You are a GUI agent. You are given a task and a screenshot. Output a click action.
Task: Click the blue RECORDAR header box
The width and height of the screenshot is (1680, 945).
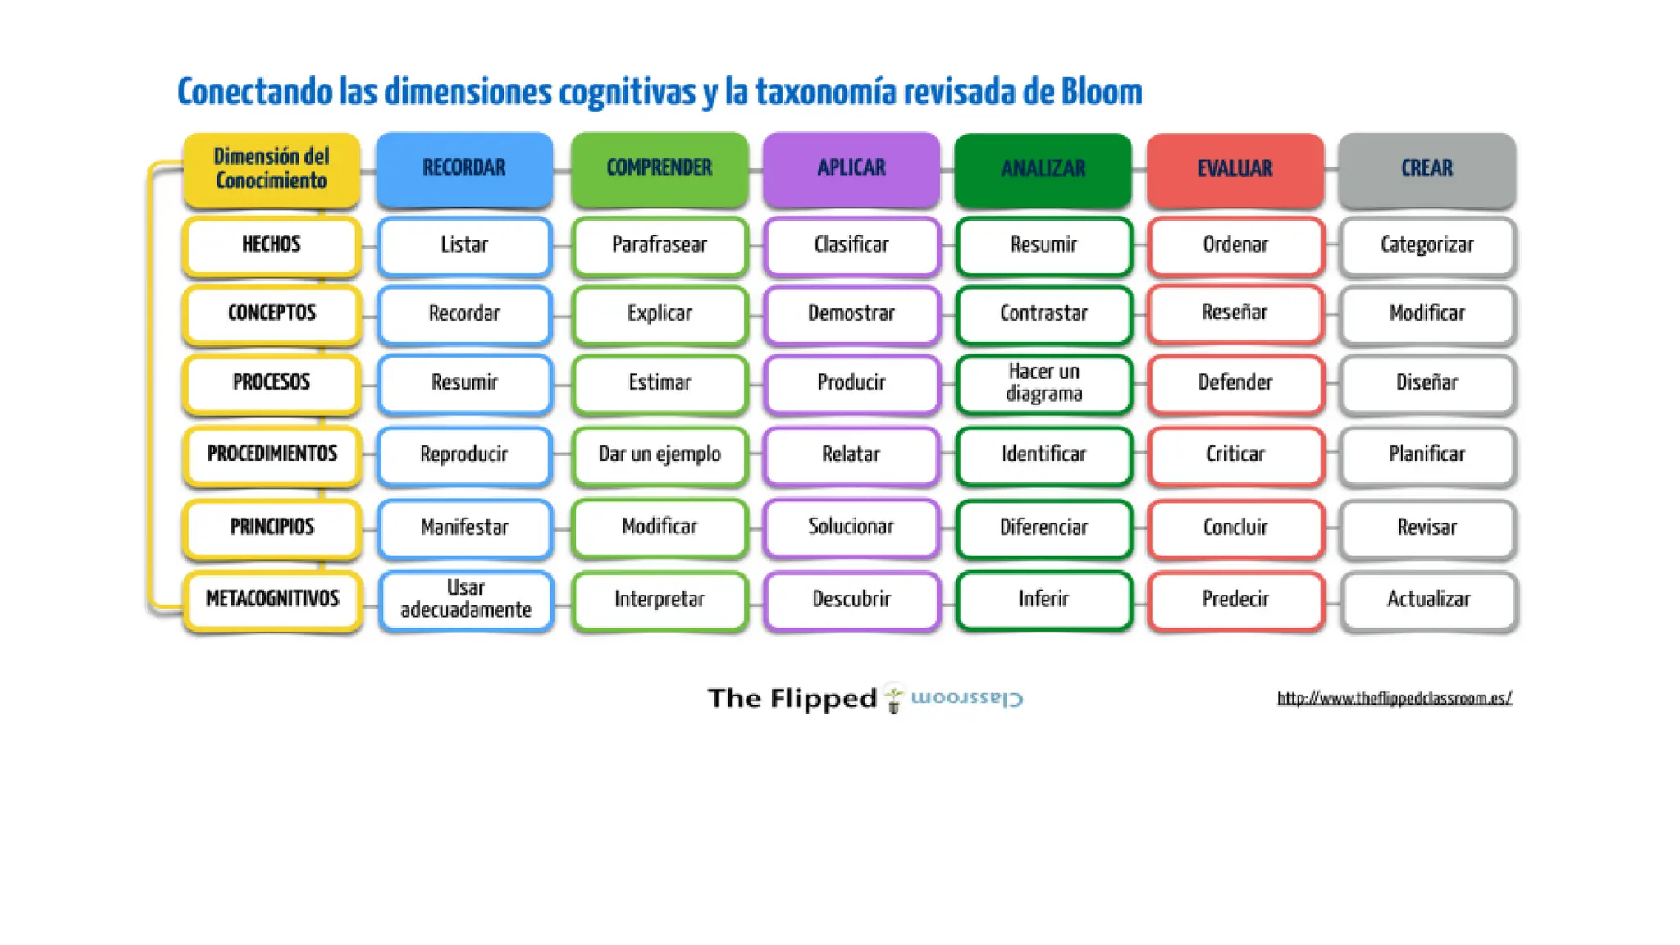point(464,168)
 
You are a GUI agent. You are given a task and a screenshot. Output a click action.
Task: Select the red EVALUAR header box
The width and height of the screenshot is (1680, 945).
point(1235,168)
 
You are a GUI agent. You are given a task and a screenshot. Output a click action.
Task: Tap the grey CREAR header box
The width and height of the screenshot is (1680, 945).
point(1427,168)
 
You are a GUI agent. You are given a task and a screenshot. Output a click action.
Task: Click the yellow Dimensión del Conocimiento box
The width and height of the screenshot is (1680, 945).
point(272,168)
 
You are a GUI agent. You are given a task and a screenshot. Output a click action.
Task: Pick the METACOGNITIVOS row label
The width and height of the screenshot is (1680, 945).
point(272,599)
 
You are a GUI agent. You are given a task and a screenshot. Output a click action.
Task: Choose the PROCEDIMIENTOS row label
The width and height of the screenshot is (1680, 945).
point(272,454)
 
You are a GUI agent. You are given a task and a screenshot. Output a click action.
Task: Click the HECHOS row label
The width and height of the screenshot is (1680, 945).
point(272,244)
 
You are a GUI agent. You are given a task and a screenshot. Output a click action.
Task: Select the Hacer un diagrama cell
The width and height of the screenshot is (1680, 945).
point(1043,382)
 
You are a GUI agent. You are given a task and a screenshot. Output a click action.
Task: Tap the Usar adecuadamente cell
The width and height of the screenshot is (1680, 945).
point(465,599)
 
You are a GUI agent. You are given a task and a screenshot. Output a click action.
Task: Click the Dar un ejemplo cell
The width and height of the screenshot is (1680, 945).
point(660,454)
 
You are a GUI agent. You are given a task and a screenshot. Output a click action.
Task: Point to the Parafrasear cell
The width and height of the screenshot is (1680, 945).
point(660,244)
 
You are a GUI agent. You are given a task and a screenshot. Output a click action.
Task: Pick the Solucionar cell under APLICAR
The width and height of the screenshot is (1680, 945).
point(851,527)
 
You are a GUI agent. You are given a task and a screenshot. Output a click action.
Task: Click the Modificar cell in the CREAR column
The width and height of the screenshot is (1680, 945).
point(1427,313)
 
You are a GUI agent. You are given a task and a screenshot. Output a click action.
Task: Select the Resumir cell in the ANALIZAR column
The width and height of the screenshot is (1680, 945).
point(1043,244)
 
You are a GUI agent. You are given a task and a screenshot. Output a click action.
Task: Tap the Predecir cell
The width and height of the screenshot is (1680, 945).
point(1235,599)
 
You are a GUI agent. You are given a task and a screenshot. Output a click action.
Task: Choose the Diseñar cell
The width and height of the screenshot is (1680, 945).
point(1427,382)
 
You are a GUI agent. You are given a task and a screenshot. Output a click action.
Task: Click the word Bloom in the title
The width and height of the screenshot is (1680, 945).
point(1101,92)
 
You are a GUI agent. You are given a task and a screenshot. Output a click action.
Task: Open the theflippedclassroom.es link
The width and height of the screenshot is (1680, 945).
point(1394,698)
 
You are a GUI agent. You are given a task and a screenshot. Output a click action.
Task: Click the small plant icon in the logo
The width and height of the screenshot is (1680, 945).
point(893,698)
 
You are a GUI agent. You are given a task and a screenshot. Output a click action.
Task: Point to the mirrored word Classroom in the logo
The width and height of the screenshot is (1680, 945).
point(967,698)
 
